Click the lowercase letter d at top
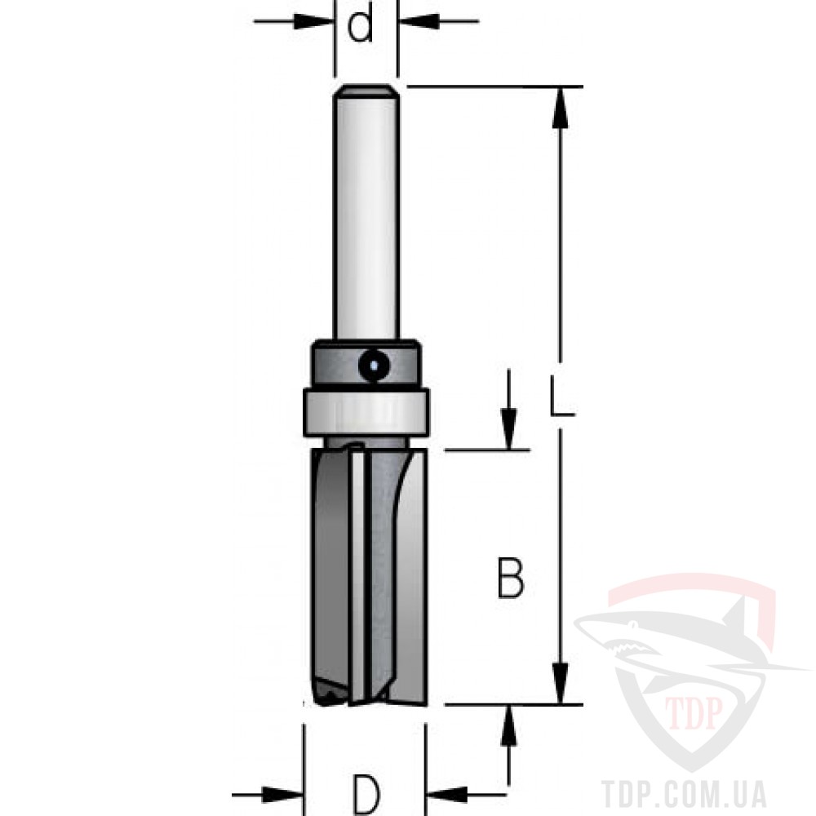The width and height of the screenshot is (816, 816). [x=360, y=25]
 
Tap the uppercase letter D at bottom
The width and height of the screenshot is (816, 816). [x=366, y=795]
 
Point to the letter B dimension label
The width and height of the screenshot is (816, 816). [x=511, y=578]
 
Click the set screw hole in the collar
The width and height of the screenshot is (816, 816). [x=374, y=365]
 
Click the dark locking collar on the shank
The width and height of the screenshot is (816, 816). [x=366, y=364]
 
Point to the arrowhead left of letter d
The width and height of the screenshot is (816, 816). [x=313, y=21]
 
